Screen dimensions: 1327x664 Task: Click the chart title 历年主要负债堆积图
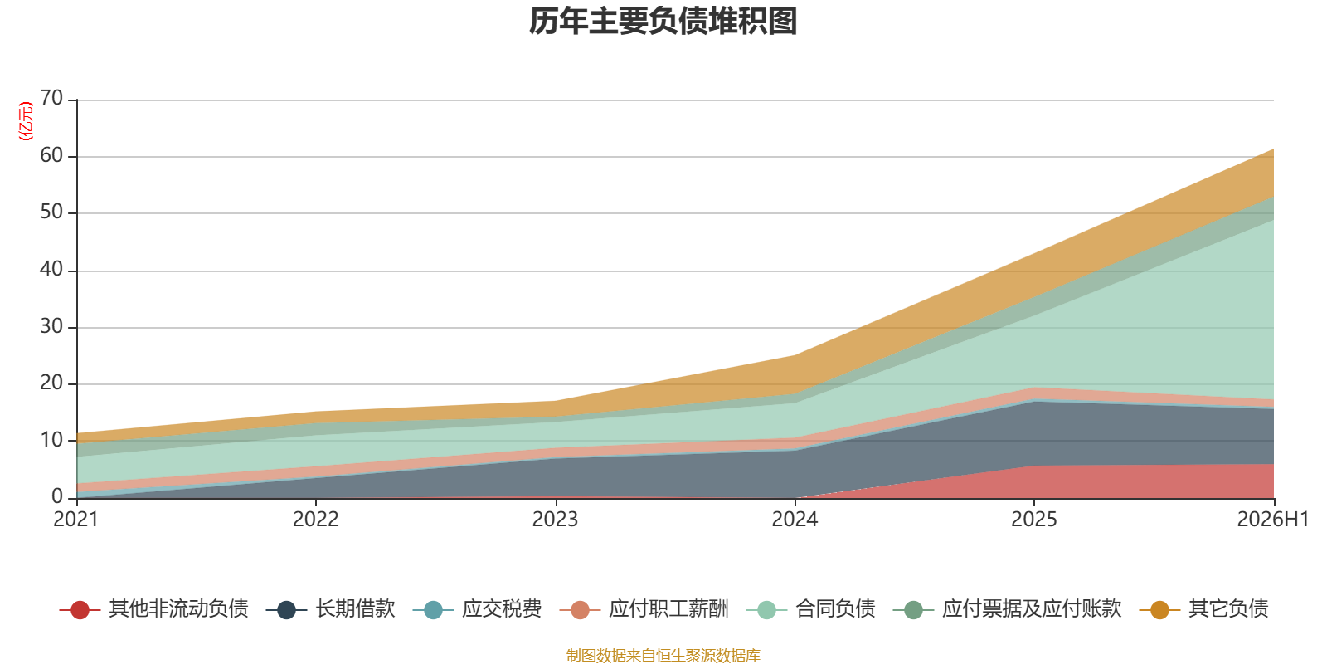point(663,22)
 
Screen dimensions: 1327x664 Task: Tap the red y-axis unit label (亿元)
point(26,121)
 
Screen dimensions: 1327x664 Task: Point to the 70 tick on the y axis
point(51,99)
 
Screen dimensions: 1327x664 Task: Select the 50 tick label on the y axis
point(51,212)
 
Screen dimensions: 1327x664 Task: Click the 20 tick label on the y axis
point(51,383)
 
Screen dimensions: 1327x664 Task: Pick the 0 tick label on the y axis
point(57,497)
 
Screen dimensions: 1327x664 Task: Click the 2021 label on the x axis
point(75,520)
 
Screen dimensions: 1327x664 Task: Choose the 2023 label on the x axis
point(555,520)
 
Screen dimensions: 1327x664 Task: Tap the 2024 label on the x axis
point(795,520)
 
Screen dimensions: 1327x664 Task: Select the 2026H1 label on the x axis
point(1272,520)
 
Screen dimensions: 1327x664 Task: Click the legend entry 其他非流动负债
point(154,609)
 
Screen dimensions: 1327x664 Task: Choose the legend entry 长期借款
point(331,609)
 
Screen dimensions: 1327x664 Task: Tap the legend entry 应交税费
point(478,609)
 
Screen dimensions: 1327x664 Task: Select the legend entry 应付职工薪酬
point(644,609)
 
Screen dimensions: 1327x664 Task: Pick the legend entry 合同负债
point(810,609)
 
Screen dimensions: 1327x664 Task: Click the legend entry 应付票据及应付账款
point(1007,609)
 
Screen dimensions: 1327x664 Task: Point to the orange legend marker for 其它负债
point(1159,610)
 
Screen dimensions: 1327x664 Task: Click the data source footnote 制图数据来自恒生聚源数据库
point(663,655)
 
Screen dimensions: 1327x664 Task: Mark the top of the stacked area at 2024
point(795,355)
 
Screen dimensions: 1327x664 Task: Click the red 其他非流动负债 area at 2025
point(1033,482)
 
